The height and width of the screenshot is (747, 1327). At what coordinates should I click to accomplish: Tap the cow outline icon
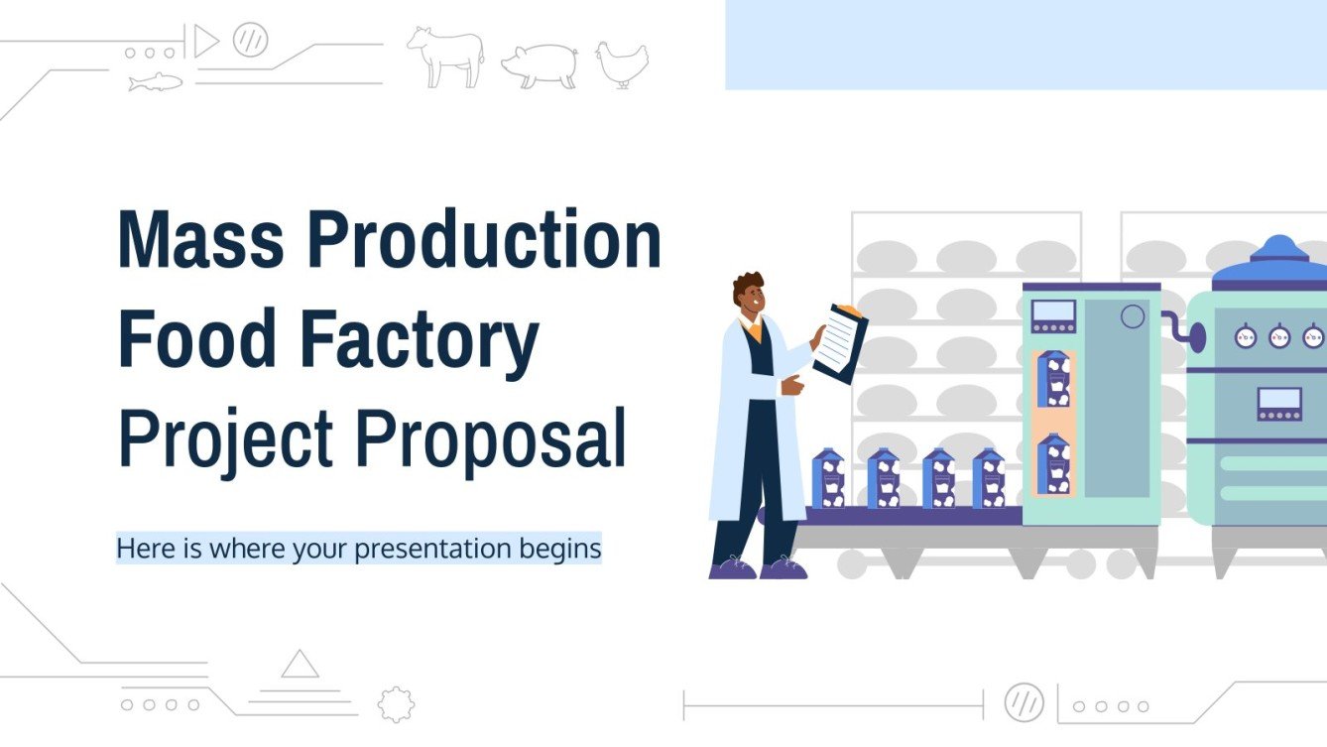tap(445, 57)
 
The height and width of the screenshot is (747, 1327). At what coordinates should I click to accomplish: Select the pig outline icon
tap(539, 65)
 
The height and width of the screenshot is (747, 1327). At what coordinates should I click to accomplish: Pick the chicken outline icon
tap(622, 64)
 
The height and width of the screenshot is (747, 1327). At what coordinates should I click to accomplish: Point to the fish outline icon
tap(156, 82)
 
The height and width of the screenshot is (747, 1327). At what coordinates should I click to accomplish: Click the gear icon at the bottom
tap(396, 703)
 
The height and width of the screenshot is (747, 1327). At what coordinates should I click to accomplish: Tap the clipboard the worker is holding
tap(839, 343)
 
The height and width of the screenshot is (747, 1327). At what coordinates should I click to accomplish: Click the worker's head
tap(750, 292)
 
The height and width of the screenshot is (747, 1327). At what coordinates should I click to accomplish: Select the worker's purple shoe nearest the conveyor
tap(784, 567)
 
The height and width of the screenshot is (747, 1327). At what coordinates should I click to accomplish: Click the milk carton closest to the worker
tap(827, 479)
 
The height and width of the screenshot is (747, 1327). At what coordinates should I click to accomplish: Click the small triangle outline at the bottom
tap(300, 664)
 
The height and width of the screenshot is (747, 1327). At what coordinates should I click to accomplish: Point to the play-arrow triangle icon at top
tap(204, 43)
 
